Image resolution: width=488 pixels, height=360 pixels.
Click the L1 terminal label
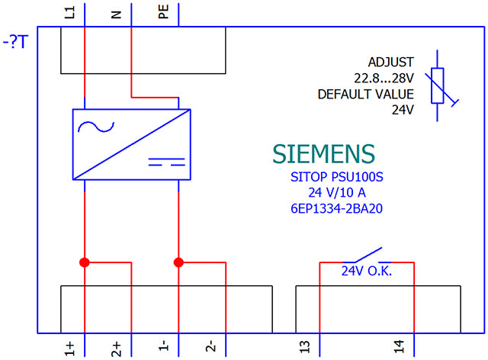click(x=69, y=13)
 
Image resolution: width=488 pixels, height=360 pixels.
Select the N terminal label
click(x=116, y=14)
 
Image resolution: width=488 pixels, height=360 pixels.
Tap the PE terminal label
click(x=163, y=12)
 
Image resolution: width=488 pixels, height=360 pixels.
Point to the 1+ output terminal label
click(x=69, y=349)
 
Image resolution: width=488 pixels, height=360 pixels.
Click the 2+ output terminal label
click(x=116, y=349)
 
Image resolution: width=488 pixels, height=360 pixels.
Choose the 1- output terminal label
click(x=163, y=346)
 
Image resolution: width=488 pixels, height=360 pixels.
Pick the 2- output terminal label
click(x=210, y=346)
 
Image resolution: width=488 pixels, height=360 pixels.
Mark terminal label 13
click(x=305, y=346)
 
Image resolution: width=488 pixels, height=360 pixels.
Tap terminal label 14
click(x=399, y=346)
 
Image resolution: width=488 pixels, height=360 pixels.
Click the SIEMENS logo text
click(x=323, y=154)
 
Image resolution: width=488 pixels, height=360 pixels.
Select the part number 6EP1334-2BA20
click(x=336, y=208)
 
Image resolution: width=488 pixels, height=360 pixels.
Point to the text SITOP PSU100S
click(x=337, y=177)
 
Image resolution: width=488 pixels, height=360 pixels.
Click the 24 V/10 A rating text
click(x=337, y=192)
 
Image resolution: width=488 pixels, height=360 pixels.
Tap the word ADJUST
click(x=391, y=63)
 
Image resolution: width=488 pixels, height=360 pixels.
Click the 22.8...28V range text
click(x=384, y=78)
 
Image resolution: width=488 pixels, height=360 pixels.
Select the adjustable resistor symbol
click(x=437, y=85)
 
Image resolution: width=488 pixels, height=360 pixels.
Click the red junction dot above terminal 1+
click(x=85, y=262)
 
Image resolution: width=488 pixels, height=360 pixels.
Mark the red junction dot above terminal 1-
click(x=178, y=262)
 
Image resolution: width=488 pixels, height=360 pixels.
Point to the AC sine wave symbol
click(x=96, y=127)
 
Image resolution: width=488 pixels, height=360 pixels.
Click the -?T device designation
click(x=15, y=42)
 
